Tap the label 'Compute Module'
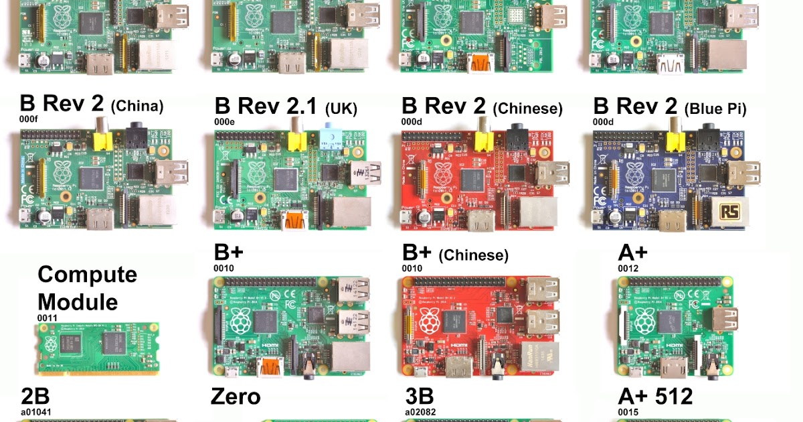(87, 288)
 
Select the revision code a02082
(420, 412)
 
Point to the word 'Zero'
(236, 397)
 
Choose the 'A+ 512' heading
(655, 397)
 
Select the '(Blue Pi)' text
(715, 107)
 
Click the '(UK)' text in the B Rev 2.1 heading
(341, 108)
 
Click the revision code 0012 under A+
(628, 269)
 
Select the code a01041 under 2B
(36, 412)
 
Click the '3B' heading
(420, 397)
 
